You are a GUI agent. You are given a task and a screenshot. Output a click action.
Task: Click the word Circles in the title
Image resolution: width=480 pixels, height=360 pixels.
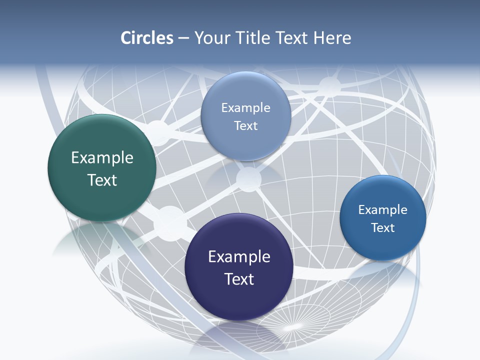tap(146, 38)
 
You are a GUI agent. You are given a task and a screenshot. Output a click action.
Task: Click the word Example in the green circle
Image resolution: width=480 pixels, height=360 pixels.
tap(102, 158)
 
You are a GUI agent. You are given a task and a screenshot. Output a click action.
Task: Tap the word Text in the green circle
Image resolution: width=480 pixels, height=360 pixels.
tap(102, 180)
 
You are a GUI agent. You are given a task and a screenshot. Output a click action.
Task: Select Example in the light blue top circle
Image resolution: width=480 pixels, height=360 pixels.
tap(245, 108)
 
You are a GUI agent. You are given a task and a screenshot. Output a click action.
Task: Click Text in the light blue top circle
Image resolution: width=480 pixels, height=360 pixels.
tap(245, 125)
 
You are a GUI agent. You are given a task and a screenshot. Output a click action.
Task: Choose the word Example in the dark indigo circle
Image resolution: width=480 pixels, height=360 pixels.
tap(239, 257)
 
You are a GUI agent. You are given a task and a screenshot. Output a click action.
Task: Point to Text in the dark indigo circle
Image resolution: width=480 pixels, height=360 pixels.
tap(239, 279)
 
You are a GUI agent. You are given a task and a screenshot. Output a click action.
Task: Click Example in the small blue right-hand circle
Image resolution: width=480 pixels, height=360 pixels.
tap(382, 210)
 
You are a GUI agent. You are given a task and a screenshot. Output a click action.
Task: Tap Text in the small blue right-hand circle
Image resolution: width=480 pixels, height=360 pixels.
tap(382, 228)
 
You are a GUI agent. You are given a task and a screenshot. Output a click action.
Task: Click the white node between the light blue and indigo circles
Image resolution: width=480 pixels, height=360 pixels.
tap(248, 178)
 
